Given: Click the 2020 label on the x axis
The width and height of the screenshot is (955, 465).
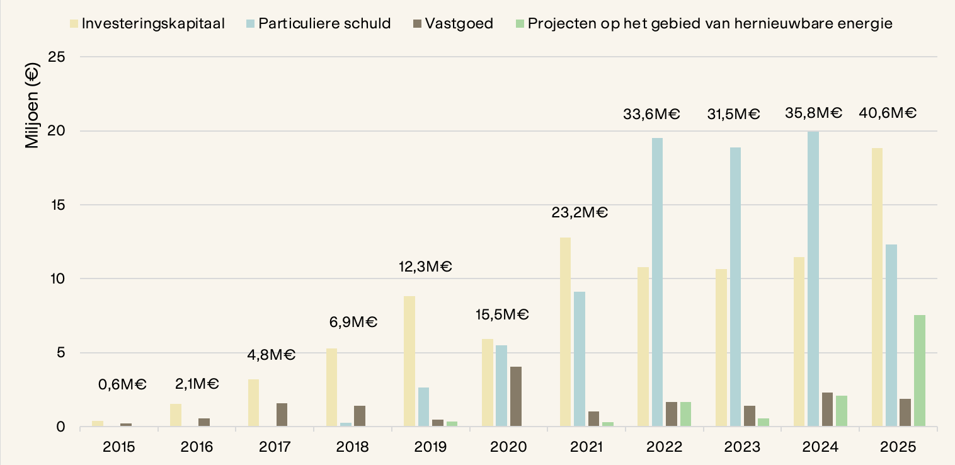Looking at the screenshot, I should click(x=508, y=447).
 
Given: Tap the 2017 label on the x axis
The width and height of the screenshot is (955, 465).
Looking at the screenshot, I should click(x=275, y=447).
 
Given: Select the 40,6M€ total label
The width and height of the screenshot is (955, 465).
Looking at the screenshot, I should click(x=888, y=114).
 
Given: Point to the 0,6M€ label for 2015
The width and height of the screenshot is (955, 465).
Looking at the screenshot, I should click(x=122, y=384).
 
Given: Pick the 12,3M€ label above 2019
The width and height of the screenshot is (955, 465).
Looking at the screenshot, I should click(x=426, y=267).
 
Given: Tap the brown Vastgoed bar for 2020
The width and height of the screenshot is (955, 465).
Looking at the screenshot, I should click(x=515, y=397).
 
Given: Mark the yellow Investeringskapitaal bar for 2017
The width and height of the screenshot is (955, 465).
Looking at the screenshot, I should click(x=253, y=403).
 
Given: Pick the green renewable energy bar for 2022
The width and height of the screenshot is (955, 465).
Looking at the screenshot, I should click(x=686, y=415).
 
